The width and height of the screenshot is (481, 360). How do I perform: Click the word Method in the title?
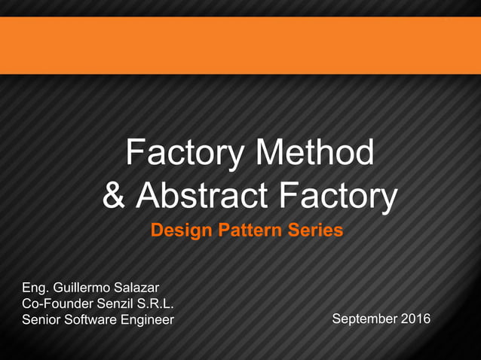coord(316,153)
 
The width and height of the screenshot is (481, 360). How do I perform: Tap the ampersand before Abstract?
coord(114,196)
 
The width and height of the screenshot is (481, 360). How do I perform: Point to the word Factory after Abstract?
coord(338,196)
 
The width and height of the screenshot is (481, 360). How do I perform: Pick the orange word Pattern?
coord(250,230)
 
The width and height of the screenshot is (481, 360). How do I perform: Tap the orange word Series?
coord(314,230)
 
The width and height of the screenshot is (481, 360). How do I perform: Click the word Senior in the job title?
coord(42,320)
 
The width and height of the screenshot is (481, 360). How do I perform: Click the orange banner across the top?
coord(240,45)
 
